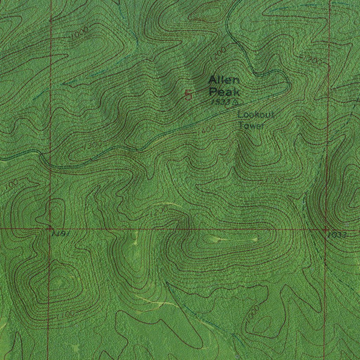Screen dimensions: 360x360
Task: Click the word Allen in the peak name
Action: (224, 80)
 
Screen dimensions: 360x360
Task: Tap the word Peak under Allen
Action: (224, 92)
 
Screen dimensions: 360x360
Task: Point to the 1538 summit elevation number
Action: (221, 102)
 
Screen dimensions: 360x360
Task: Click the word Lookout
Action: (256, 115)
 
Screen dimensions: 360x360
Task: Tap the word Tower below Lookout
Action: (251, 125)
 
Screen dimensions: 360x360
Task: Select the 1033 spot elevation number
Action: (338, 235)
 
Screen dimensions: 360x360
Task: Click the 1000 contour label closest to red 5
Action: (79, 34)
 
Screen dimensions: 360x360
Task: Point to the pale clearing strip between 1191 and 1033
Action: (236, 240)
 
